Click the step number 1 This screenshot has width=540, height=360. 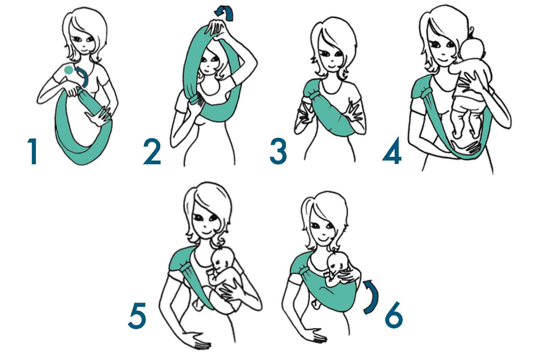click(x=33, y=151)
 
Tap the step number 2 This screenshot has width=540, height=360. click(x=152, y=151)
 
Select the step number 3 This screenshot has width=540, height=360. click(x=278, y=151)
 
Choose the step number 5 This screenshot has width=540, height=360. click(x=138, y=316)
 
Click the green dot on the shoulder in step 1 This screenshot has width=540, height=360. click(x=68, y=70)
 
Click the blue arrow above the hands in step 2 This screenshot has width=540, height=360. click(x=225, y=13)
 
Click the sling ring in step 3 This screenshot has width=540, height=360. click(x=315, y=95)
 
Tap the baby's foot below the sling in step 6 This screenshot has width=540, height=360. click(x=315, y=304)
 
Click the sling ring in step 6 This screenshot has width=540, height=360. click(x=304, y=270)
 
